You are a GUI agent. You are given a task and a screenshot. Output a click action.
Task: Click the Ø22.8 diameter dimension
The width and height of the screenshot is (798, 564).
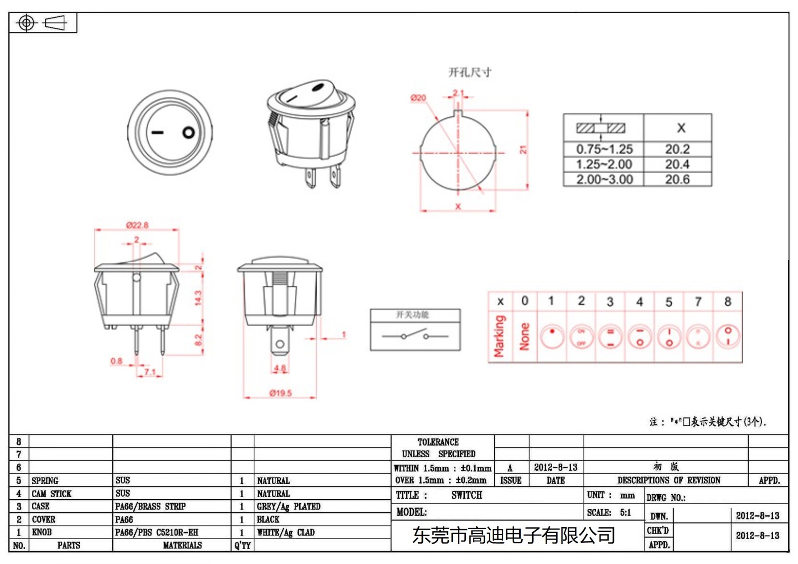[137, 225]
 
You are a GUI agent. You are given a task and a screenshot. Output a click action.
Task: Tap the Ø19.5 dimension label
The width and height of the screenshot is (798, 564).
[280, 393]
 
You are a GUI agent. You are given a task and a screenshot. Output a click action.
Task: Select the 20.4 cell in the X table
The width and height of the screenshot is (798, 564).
[677, 164]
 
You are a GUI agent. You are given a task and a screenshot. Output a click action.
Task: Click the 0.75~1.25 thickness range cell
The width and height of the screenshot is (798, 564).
[604, 149]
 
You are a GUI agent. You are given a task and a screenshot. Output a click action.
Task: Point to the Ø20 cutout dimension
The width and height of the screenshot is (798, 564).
[418, 98]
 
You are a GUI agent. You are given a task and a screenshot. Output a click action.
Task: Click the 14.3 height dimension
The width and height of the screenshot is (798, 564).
[198, 298]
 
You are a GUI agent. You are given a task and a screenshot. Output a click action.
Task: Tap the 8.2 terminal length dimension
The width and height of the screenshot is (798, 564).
[198, 340]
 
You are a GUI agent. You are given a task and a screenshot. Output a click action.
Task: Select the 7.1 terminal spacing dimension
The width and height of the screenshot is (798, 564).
[150, 372]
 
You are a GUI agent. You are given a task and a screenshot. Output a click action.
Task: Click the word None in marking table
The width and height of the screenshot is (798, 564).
[524, 336]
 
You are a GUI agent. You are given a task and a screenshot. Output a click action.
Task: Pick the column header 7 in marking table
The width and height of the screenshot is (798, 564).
[698, 302]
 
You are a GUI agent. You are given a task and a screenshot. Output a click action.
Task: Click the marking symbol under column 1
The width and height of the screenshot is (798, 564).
[552, 337]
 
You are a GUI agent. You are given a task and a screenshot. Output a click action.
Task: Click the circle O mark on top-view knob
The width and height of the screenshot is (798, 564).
[189, 133]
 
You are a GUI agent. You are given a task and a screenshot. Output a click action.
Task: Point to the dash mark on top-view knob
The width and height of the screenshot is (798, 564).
[158, 133]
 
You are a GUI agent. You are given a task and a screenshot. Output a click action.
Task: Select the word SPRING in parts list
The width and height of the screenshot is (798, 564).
[45, 481]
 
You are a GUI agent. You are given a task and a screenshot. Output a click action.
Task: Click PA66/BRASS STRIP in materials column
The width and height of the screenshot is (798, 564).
[150, 507]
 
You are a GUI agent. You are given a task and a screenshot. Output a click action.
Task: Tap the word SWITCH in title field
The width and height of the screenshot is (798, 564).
[466, 495]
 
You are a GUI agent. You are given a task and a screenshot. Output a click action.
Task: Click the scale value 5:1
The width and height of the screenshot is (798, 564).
[625, 513]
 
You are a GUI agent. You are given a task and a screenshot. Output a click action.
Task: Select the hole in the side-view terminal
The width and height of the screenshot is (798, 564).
[280, 344]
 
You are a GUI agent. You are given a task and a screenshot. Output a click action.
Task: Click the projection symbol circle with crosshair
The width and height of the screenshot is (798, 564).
[26, 23]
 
